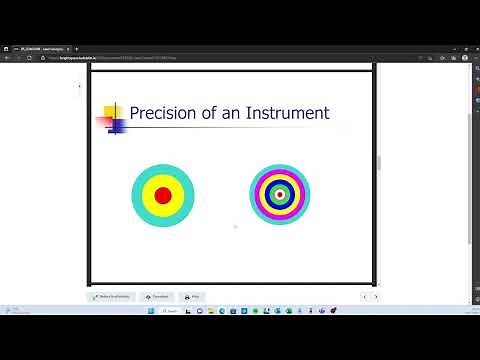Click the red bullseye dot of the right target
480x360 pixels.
coord(280,195)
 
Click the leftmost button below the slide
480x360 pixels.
coord(112,297)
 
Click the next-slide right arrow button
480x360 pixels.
coord(375,297)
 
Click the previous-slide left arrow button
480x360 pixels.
coord(364,297)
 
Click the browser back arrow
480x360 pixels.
coord(7,58)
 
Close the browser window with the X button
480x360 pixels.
coord(471,47)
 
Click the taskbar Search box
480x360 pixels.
coord(171,312)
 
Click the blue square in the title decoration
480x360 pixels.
coord(116,126)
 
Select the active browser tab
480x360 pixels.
coord(50,47)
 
